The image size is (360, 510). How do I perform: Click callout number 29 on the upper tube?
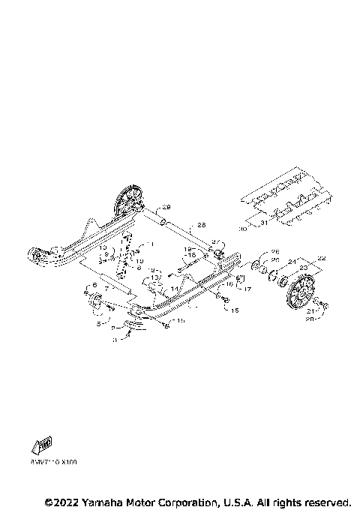point(167,207)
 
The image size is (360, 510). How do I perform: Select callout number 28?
point(201,224)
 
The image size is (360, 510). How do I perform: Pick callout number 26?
point(274,251)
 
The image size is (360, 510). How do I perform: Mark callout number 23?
point(303,267)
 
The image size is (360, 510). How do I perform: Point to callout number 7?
point(107,287)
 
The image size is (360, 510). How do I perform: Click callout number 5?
point(98,324)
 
